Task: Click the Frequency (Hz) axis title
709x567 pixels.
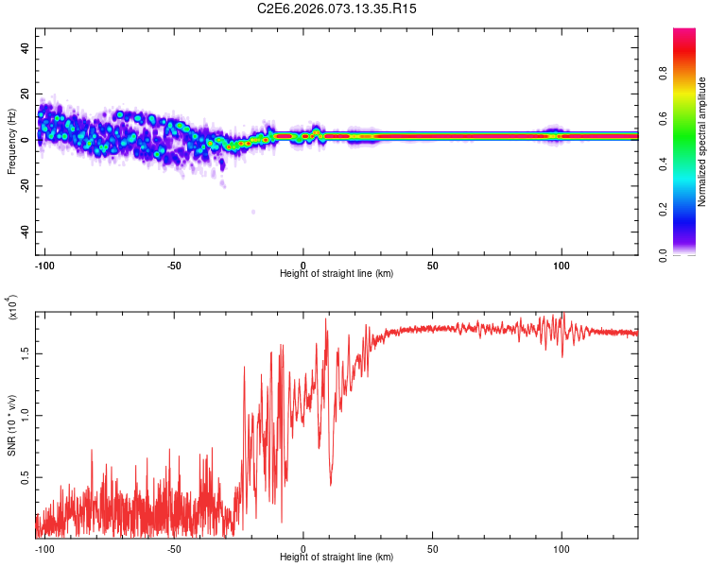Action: [11, 142]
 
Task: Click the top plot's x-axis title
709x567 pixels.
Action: [337, 273]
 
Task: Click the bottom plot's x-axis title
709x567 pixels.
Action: [337, 557]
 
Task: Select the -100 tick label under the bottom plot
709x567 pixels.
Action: [44, 547]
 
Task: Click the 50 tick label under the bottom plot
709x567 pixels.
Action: [432, 547]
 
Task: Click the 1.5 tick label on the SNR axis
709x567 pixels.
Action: [26, 352]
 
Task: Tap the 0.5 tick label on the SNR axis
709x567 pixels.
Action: [26, 478]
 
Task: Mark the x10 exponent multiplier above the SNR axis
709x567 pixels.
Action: [13, 308]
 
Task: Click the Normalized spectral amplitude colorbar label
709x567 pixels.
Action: [702, 142]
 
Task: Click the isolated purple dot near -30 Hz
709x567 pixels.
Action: [253, 212]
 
